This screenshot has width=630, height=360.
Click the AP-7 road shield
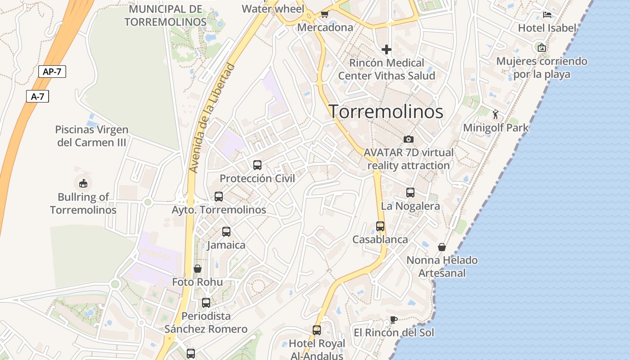click(x=52, y=72)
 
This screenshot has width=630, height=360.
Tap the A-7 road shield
click(x=37, y=96)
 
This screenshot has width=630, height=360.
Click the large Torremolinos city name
click(x=386, y=112)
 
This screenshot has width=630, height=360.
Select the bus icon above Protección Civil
click(x=257, y=165)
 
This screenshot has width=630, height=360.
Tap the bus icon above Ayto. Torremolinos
click(x=219, y=197)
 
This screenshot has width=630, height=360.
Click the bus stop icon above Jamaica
click(x=226, y=232)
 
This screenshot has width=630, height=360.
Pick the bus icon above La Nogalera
click(x=410, y=193)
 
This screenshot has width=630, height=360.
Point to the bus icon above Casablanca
click(x=380, y=226)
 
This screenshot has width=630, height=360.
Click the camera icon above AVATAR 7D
click(x=409, y=139)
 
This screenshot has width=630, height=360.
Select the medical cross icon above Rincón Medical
click(x=387, y=49)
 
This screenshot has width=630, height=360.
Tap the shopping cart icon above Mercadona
click(x=324, y=14)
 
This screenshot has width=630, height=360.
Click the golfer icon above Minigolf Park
click(x=496, y=114)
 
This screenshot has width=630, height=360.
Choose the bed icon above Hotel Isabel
click(x=547, y=14)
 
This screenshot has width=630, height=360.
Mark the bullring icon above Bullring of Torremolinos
click(x=83, y=183)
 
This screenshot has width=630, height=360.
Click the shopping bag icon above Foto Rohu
click(x=198, y=269)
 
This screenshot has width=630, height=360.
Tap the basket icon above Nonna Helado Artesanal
click(x=442, y=247)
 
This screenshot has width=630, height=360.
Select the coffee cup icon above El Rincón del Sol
click(x=394, y=319)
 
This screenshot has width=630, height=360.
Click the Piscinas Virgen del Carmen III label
click(x=92, y=136)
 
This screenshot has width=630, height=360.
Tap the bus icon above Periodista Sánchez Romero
click(x=206, y=302)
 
